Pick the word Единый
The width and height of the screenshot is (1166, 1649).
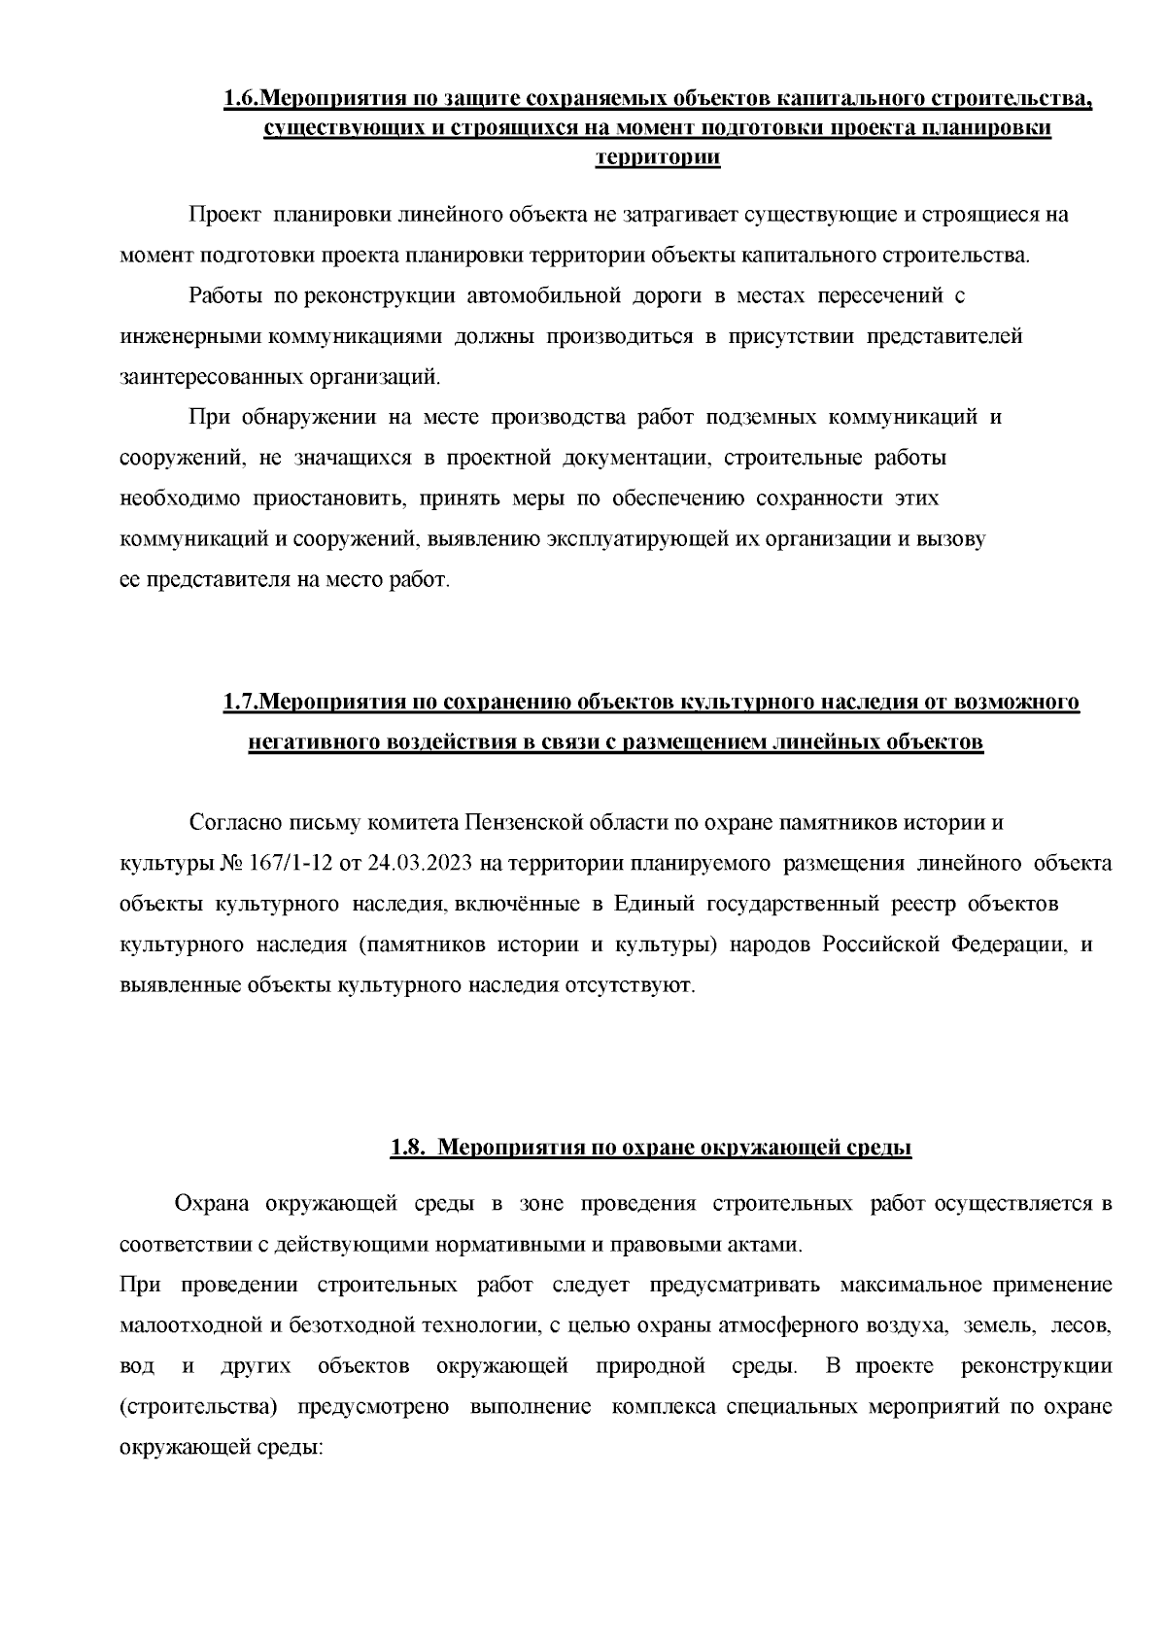tap(651, 904)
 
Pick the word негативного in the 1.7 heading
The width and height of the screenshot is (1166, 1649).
tap(313, 742)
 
